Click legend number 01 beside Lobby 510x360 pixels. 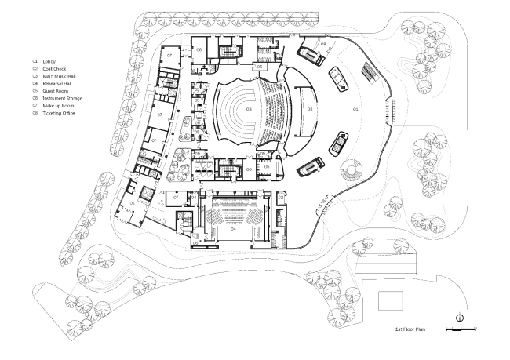[x=35, y=60]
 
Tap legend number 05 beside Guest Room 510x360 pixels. [x=35, y=90]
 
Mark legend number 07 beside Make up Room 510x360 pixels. [x=35, y=105]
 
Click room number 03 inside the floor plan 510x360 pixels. [x=249, y=110]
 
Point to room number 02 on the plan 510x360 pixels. [x=310, y=110]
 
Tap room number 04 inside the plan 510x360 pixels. [x=233, y=230]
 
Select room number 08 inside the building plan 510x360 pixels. [x=323, y=45]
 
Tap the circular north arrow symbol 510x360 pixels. [x=460, y=318]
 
